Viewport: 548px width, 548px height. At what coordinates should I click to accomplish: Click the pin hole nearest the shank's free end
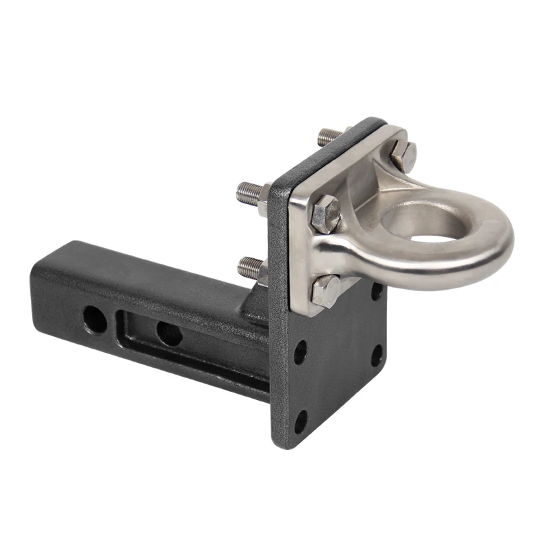point(95,319)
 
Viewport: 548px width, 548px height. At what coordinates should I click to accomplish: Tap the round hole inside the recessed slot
point(169,334)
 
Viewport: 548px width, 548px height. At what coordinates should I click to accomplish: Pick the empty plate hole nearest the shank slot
point(301,353)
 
